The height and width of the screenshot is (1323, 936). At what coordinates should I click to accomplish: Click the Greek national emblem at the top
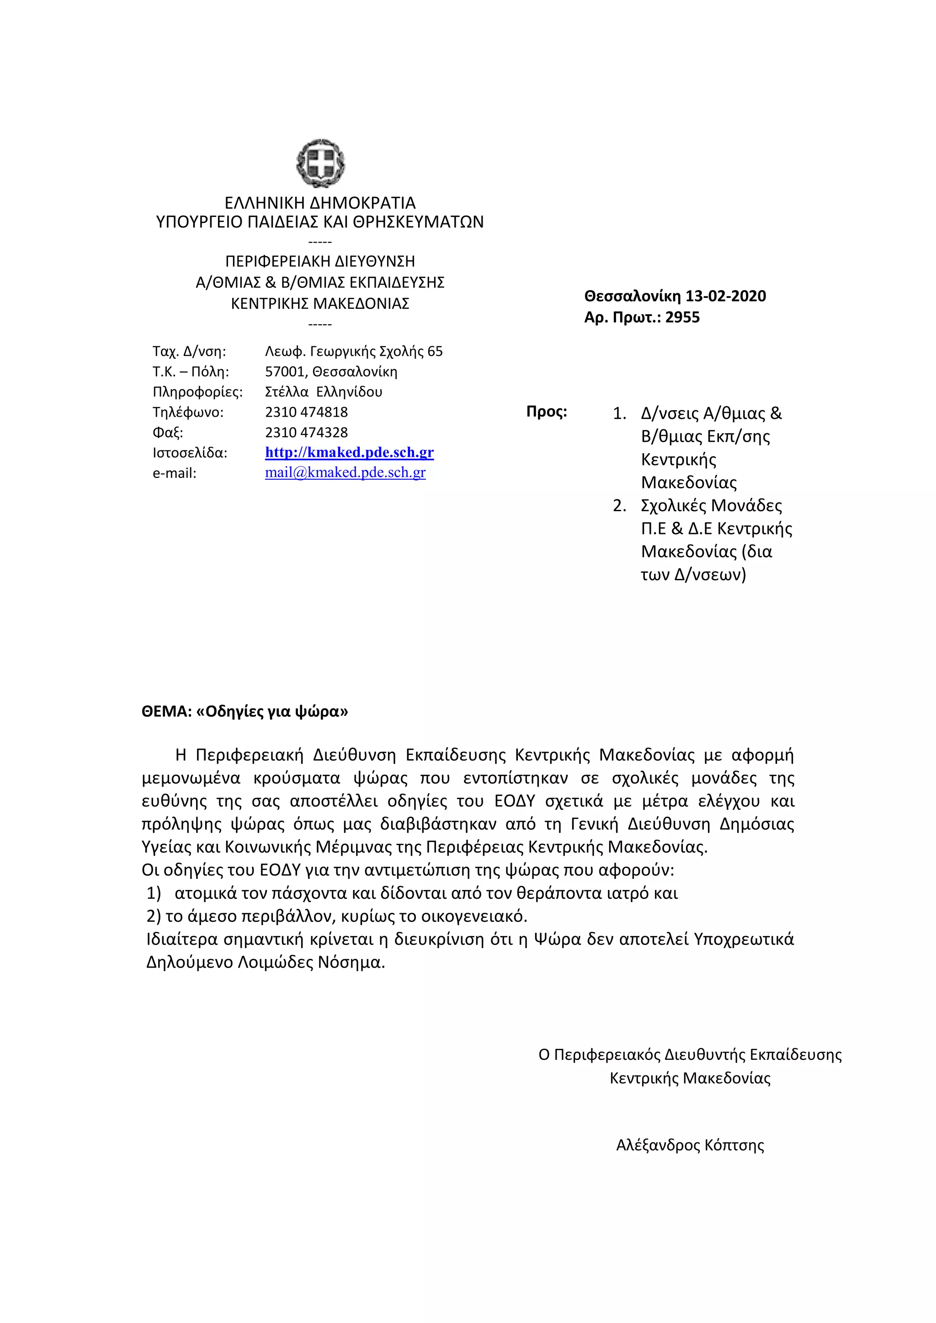click(320, 164)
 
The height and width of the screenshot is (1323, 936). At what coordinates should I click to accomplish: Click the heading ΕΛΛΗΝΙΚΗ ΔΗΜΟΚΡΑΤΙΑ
click(320, 203)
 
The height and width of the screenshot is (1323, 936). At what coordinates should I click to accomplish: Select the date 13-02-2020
click(726, 296)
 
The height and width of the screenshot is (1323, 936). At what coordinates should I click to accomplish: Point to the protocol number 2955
click(682, 318)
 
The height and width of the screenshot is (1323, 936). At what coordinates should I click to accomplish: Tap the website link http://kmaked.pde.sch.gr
click(349, 452)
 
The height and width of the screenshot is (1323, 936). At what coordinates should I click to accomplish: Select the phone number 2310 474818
click(306, 412)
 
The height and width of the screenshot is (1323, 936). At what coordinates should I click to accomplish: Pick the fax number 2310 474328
click(306, 432)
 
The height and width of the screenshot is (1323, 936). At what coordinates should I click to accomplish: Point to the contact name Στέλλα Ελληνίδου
click(323, 392)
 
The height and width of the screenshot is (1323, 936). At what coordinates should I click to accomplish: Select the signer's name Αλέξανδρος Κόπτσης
click(690, 1145)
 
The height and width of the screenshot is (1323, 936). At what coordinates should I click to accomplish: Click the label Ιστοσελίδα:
click(190, 453)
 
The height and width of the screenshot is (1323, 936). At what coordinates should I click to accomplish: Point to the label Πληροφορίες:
click(197, 392)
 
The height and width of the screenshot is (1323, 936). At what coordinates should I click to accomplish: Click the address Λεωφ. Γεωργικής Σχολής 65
click(353, 351)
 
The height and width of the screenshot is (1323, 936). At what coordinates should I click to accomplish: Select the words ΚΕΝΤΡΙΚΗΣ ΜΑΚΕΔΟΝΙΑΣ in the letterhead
click(320, 304)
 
